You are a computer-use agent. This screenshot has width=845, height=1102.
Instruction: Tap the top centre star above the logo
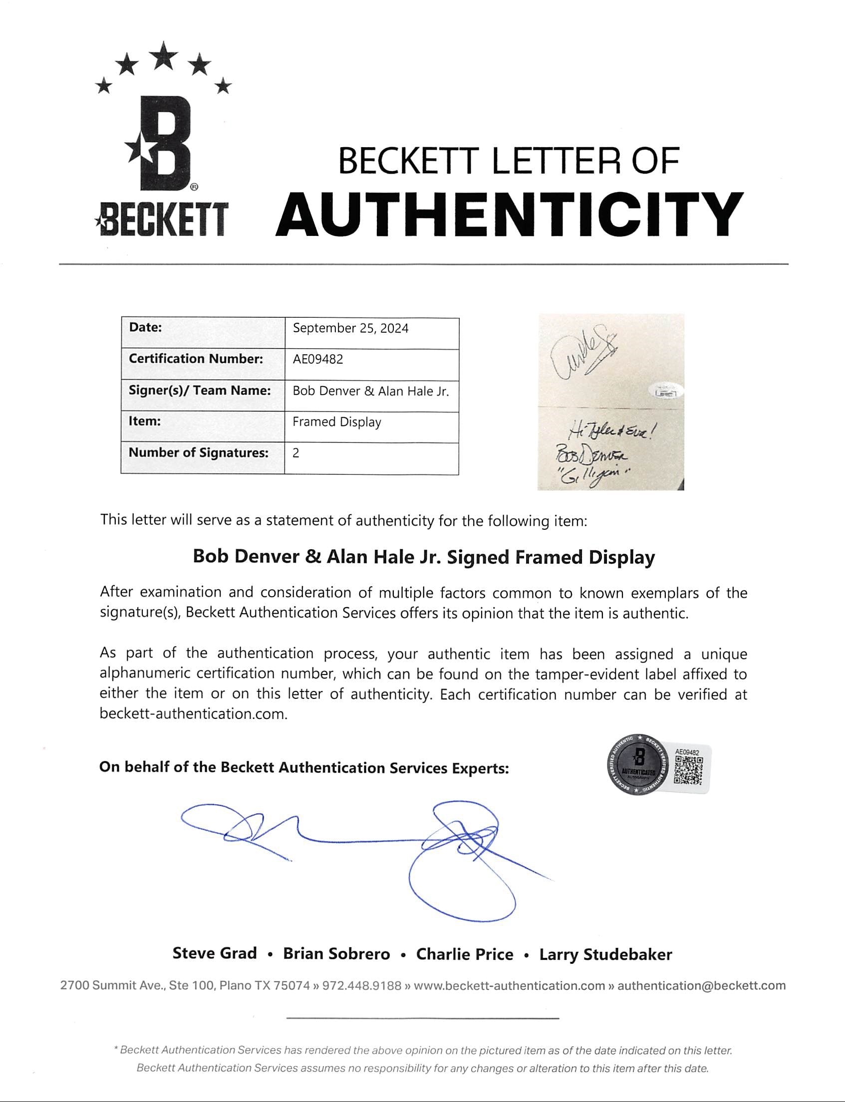tap(164, 56)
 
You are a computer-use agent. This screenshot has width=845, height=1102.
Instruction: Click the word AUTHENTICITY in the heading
tap(509, 215)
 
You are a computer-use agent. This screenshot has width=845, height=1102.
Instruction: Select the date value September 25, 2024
tap(350, 328)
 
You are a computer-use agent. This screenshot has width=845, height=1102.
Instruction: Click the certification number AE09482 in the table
tap(318, 360)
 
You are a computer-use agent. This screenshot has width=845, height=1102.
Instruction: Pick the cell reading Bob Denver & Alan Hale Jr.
tap(371, 391)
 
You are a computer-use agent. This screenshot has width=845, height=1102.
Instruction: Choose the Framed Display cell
tap(337, 422)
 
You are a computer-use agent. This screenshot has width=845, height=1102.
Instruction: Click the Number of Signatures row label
tap(199, 452)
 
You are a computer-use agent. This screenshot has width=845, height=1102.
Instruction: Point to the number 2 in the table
tap(296, 453)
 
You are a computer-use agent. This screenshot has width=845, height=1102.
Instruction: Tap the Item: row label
tap(145, 421)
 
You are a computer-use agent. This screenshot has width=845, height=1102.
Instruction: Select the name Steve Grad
tap(215, 953)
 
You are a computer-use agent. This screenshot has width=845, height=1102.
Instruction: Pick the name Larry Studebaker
tap(605, 954)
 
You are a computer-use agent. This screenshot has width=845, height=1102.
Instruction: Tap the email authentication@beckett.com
tap(701, 985)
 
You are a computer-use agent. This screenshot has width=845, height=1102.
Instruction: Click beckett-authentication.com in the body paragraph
tap(193, 714)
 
